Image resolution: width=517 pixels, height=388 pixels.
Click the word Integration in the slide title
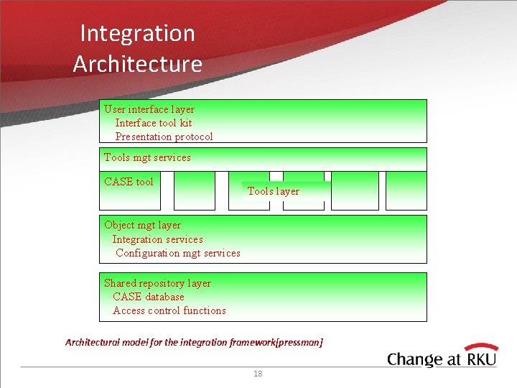point(137,33)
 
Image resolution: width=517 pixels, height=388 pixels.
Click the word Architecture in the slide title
point(137,64)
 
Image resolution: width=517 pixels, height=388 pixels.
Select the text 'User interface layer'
point(149,109)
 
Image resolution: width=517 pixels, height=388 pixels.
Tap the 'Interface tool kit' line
point(154,123)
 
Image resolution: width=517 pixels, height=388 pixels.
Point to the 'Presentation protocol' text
point(164,137)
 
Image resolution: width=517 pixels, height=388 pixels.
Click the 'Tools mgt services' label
point(147,157)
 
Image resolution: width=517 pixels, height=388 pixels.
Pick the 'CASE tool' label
point(129,182)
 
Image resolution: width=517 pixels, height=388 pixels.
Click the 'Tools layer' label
point(273,191)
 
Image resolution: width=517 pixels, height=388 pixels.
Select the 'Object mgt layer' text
point(142,225)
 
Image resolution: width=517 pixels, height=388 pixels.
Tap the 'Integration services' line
point(157,239)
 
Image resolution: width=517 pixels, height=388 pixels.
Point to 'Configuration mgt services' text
point(177,253)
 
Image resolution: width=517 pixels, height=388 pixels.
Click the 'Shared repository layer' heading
point(157,283)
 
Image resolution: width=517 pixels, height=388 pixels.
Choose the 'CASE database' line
point(148,297)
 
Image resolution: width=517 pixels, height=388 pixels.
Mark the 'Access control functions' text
point(169,310)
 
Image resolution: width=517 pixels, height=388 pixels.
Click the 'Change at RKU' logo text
point(442,359)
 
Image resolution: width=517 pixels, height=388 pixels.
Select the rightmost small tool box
point(406,190)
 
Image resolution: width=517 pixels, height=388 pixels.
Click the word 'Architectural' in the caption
point(92,343)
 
